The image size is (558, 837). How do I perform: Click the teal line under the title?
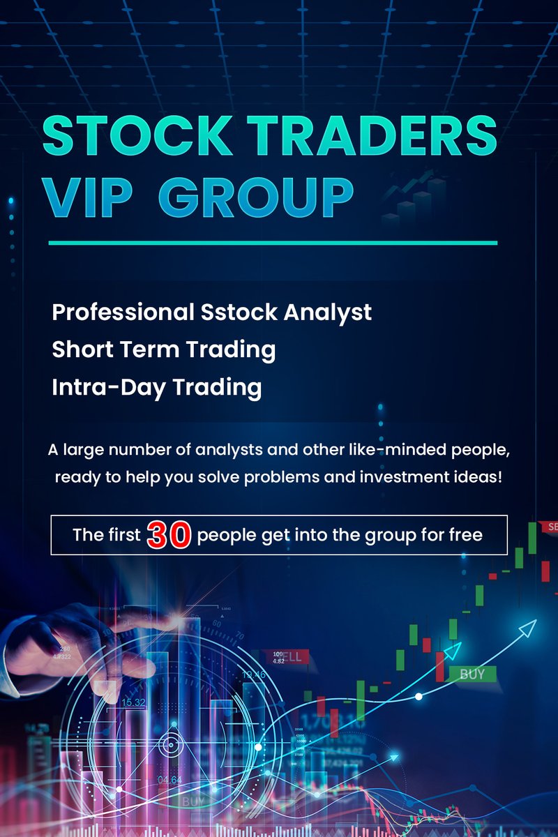[x=272, y=243]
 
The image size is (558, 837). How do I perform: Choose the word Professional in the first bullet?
[x=120, y=312]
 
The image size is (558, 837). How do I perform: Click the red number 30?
[x=169, y=535]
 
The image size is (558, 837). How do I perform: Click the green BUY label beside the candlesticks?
[x=472, y=674]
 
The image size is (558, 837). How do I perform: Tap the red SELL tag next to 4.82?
[x=293, y=656]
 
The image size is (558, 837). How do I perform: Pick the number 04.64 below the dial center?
[x=170, y=779]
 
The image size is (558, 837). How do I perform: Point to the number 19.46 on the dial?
[x=253, y=674]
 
